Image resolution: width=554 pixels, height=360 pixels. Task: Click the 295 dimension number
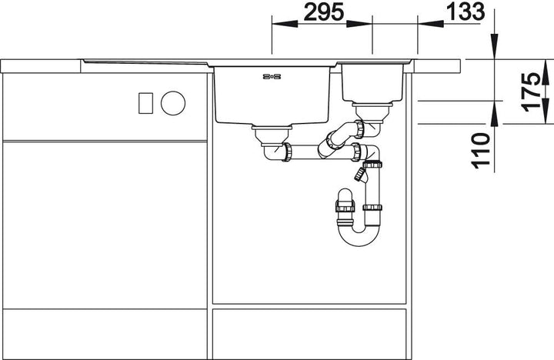323,12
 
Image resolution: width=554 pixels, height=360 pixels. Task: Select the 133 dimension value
465,12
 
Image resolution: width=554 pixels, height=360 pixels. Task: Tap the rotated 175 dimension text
532,92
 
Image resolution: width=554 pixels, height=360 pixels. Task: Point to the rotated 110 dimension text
481,149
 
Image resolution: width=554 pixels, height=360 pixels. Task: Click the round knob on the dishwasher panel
173,103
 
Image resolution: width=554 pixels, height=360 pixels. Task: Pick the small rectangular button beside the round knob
145,103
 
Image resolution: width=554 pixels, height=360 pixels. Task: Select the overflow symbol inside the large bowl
272,76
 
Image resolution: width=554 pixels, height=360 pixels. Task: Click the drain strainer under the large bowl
272,135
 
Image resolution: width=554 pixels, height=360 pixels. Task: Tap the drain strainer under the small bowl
372,111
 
